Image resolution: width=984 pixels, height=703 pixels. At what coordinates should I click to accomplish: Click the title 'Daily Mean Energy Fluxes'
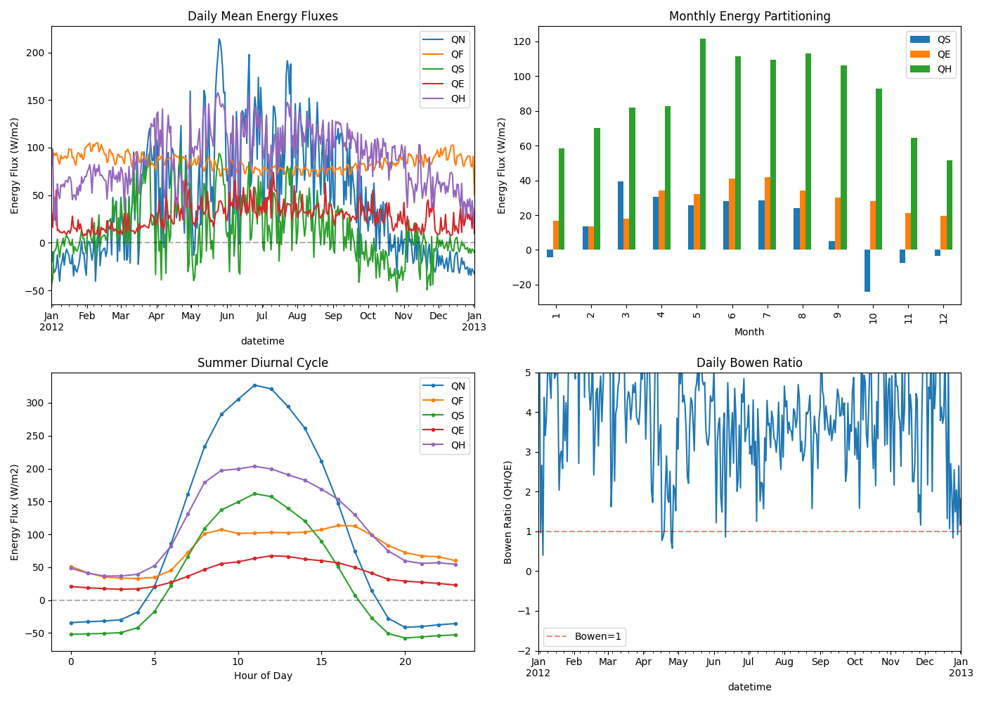262,16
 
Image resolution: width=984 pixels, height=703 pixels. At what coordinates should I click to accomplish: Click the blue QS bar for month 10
867,271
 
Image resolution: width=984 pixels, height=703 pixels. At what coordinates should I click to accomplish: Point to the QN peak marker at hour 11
254,385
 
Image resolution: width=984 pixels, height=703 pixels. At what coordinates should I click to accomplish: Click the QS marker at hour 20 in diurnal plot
405,638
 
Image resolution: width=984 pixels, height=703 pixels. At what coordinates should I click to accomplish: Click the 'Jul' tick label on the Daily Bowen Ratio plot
749,662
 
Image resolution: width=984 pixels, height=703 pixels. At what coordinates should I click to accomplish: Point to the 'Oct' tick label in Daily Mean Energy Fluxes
368,316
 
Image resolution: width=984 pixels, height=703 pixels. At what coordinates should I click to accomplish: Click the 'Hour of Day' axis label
262,676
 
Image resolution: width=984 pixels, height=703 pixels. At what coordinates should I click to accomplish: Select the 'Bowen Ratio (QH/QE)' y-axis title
508,512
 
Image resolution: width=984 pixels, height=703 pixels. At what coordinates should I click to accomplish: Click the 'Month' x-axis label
749,332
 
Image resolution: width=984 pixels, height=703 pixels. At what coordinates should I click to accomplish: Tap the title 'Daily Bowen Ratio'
749,363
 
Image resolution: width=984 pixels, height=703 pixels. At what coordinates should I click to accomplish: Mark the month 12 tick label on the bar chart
943,318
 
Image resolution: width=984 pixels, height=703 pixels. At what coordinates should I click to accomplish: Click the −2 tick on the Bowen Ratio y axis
525,651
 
